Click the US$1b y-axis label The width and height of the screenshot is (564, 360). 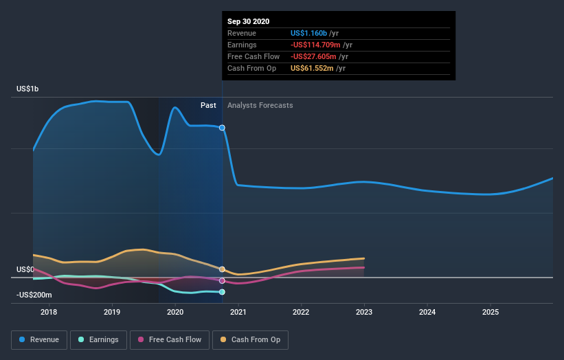[x=28, y=89]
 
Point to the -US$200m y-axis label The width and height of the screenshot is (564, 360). [x=34, y=295]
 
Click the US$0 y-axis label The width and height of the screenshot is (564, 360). [x=25, y=270]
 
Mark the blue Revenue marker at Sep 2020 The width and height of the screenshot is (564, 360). [x=222, y=128]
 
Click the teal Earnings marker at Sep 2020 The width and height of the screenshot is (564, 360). [x=222, y=292]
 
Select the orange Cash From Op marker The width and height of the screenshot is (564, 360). [x=222, y=269]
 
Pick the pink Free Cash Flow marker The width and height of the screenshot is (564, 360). [x=222, y=280]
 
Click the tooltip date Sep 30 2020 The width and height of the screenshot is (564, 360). [x=249, y=21]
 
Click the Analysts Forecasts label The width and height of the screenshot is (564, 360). [x=260, y=106]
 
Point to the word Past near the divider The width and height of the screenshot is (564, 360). [x=208, y=106]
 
